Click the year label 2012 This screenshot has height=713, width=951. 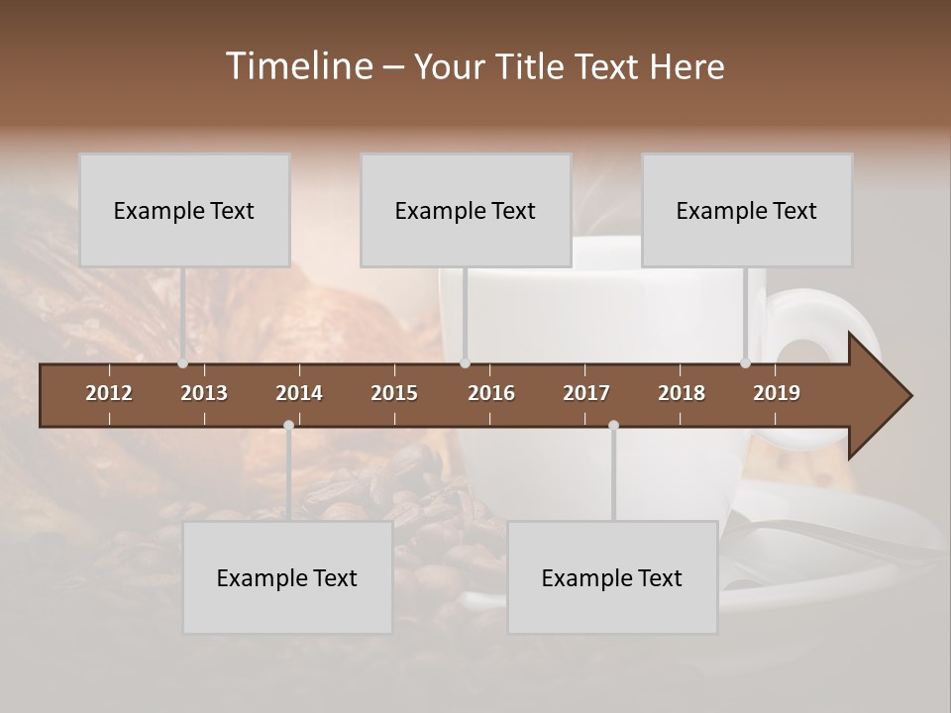click(109, 393)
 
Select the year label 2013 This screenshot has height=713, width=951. click(204, 393)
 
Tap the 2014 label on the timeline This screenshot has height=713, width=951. click(299, 393)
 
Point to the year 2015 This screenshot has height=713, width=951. click(394, 393)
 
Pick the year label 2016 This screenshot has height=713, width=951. click(491, 393)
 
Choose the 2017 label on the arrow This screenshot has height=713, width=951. click(586, 393)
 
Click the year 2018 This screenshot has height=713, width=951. click(682, 393)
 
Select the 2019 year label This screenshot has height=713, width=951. click(777, 393)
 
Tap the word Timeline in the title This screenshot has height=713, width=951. click(298, 66)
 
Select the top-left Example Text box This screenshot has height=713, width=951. click(184, 210)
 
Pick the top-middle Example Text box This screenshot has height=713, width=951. click(466, 210)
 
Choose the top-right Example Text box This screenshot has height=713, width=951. click(747, 210)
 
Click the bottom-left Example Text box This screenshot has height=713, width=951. click(287, 577)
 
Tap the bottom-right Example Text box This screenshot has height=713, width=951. click(612, 577)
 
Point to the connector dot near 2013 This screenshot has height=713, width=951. click(182, 363)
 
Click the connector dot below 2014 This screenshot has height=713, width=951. click(288, 425)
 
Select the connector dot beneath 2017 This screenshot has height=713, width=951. click(613, 425)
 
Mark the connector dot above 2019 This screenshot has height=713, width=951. click(746, 363)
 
